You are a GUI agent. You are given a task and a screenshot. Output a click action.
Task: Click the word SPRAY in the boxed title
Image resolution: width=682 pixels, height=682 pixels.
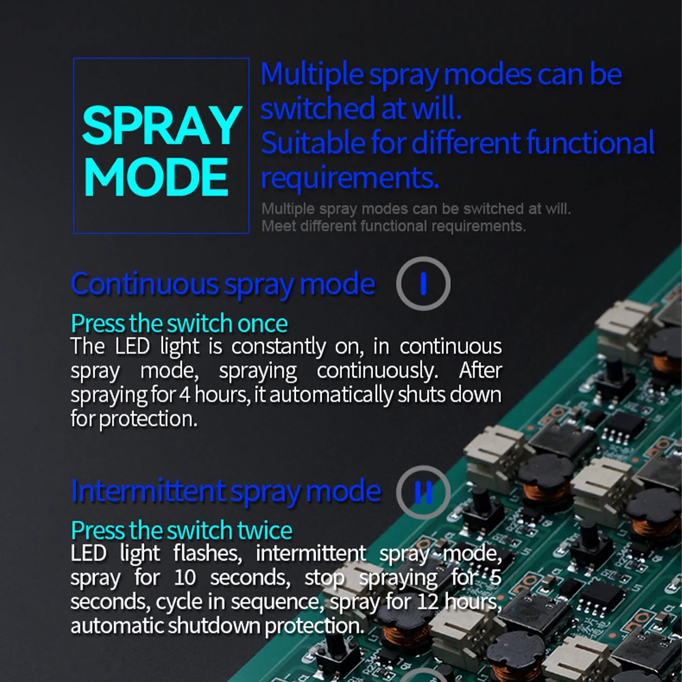click(x=162, y=125)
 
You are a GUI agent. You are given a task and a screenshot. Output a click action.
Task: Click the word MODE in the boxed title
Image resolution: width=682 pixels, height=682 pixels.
click(x=155, y=177)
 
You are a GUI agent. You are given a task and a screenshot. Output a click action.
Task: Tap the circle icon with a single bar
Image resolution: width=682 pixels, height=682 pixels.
click(x=423, y=283)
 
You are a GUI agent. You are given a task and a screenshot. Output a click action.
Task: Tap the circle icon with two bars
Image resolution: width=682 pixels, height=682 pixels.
click(x=423, y=492)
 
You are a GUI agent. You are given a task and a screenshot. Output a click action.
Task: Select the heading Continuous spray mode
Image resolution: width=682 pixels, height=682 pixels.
click(x=222, y=284)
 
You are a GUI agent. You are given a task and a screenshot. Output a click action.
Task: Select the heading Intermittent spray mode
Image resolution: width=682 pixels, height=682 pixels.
click(x=225, y=491)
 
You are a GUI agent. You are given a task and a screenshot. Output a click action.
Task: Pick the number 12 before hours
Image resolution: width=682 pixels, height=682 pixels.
click(x=427, y=602)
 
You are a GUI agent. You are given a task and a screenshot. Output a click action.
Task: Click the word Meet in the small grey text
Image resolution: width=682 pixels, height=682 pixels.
click(x=275, y=226)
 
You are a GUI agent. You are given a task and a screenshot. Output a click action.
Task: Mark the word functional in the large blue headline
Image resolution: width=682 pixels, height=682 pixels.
click(x=591, y=143)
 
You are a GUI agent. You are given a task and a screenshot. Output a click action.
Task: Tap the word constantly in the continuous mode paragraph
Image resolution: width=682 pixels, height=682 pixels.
click(x=279, y=346)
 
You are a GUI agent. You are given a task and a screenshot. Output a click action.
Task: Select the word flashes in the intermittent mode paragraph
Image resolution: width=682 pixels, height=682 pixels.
click(x=209, y=553)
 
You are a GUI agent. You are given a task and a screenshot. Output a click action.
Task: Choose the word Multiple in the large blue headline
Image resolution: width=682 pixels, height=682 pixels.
click(x=312, y=74)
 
